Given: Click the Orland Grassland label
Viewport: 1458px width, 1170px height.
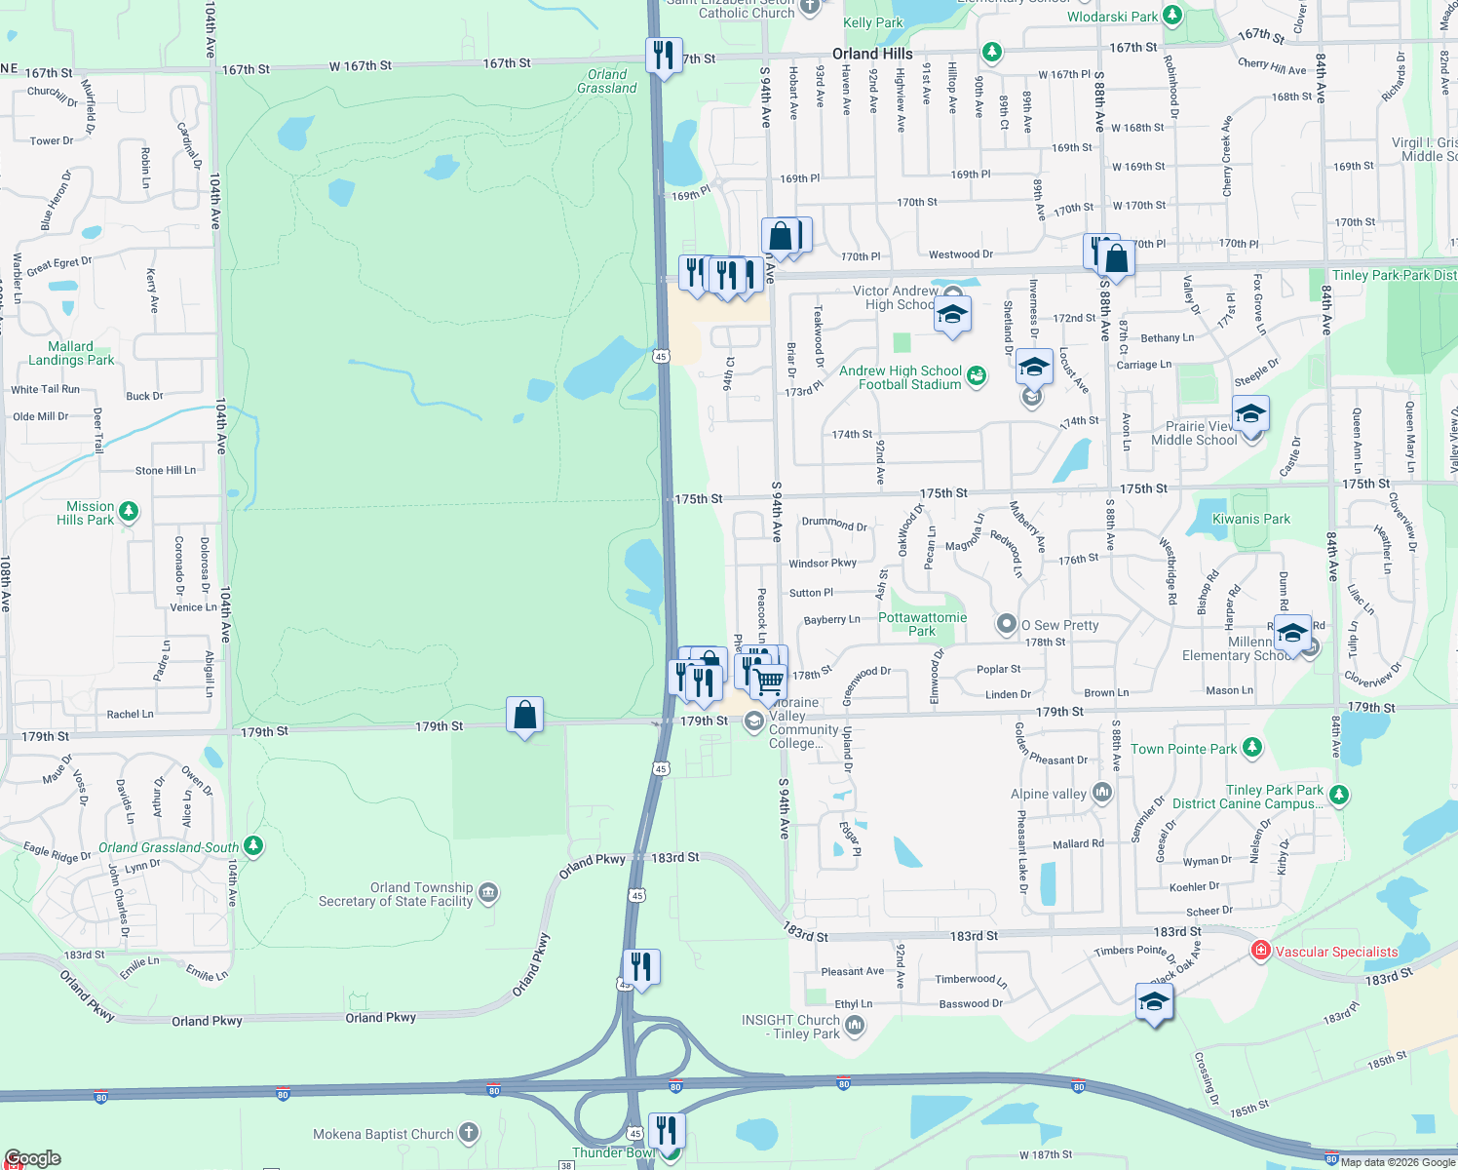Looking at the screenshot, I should coord(606,81).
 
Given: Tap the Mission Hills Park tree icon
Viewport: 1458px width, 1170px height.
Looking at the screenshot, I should coord(128,512).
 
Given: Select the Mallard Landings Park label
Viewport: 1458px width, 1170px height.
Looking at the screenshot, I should coord(71,353).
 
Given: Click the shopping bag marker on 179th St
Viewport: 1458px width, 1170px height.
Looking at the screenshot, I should coord(524,716).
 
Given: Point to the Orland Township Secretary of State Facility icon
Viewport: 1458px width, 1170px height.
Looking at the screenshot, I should coord(488,892).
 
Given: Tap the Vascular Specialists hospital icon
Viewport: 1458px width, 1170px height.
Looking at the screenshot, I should coord(1260,950).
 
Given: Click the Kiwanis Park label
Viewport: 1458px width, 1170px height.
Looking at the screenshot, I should coord(1250,519).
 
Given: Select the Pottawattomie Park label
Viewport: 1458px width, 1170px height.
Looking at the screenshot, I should coord(922,624).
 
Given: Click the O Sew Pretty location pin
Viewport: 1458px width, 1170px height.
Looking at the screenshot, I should coord(1006,624).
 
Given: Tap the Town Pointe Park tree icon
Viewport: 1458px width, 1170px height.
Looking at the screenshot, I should coord(1252,748).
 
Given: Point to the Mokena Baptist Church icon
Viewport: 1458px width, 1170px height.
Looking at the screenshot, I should coord(469,1132).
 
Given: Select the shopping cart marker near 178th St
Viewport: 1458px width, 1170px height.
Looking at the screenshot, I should coord(769,681).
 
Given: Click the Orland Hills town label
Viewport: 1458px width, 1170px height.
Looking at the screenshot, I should coord(872,54).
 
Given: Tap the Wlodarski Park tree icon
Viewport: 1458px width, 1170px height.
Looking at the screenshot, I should coord(1172,16).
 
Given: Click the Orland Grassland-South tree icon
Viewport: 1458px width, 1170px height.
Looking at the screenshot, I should coord(253,845).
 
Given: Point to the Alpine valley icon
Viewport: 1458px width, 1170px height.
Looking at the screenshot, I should coord(1102,792).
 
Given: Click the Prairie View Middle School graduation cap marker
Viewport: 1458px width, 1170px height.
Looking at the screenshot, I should coord(1250,415).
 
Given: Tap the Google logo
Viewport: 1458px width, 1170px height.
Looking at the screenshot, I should coord(32,1158).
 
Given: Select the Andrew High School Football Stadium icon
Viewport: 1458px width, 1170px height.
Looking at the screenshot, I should coord(977,375).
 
